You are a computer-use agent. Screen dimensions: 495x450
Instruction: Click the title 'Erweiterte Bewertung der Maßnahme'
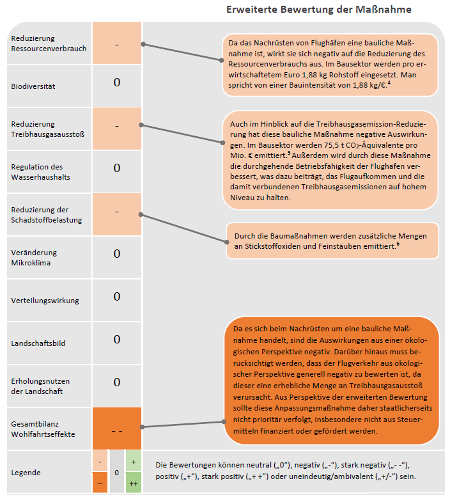click(318, 10)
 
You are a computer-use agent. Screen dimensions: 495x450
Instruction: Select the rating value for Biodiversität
click(117, 82)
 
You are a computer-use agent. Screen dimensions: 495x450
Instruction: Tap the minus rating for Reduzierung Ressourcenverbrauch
click(117, 45)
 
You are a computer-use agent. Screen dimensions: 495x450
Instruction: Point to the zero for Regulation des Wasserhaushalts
click(117, 168)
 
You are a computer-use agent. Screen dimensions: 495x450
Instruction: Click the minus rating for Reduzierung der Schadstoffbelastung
click(117, 212)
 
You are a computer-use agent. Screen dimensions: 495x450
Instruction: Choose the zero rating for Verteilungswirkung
click(117, 297)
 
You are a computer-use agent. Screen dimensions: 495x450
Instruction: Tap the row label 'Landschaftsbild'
click(38, 343)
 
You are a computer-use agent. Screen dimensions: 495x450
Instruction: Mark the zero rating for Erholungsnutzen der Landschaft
click(117, 382)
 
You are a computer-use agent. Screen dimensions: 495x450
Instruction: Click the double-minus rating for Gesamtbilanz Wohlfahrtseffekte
click(117, 430)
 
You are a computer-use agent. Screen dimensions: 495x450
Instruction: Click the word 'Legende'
click(26, 473)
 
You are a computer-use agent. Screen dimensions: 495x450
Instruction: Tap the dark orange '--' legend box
click(100, 484)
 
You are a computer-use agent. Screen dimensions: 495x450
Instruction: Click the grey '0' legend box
click(117, 473)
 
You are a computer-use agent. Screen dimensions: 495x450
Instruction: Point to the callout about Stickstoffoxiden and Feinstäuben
click(331, 240)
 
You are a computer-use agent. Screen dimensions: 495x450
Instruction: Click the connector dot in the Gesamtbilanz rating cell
click(142, 427)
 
